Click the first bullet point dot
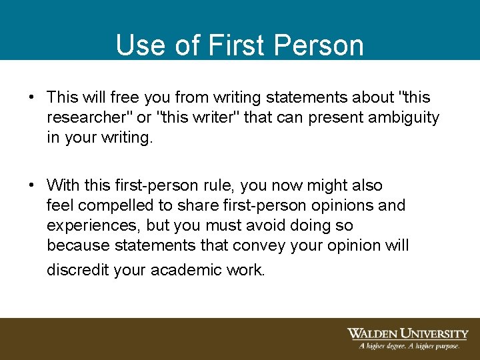pyautogui.click(x=31, y=97)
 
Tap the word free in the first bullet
pyautogui.click(x=126, y=97)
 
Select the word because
pyautogui.click(x=78, y=245)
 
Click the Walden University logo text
pyautogui.click(x=407, y=333)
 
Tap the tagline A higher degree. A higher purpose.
pyautogui.click(x=409, y=346)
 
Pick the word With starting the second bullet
pyautogui.click(x=63, y=185)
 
